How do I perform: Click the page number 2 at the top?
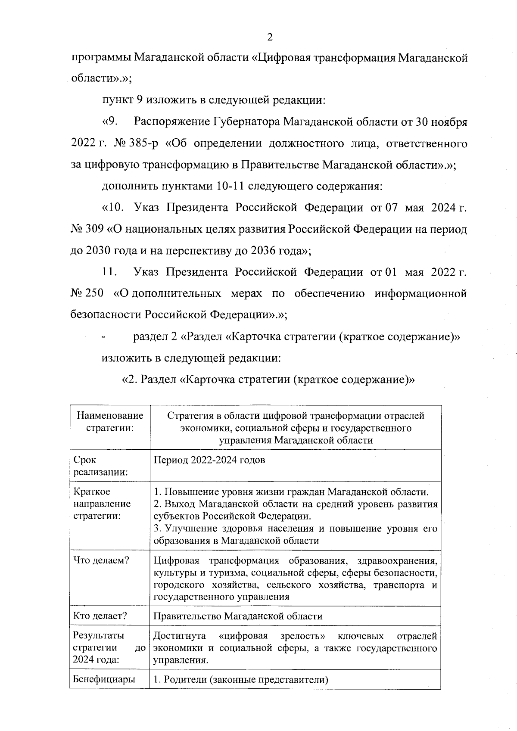tap(270, 37)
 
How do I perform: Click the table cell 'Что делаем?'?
tap(101, 560)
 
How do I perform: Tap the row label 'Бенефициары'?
tap(104, 679)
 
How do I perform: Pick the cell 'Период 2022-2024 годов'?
tap(209, 460)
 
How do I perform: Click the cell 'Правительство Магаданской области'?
tap(238, 616)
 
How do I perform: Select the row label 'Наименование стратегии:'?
tap(110, 422)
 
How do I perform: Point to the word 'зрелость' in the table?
tap(302, 636)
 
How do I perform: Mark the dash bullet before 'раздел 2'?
tap(103, 337)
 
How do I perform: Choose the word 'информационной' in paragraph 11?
tap(420, 293)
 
